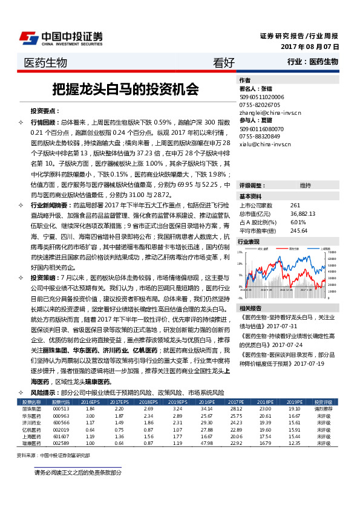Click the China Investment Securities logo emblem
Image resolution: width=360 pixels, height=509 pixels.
[28, 37]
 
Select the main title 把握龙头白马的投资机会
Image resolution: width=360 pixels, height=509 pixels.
[125, 89]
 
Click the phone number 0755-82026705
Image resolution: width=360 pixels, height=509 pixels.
[259, 104]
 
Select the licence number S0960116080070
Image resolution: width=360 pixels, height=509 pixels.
[261, 128]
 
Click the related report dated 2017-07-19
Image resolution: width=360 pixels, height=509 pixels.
[287, 363]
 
